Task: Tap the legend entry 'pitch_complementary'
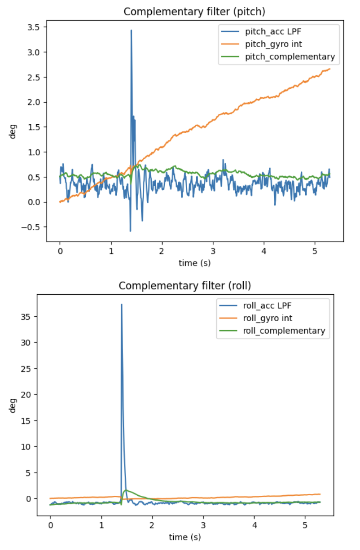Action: (x=290, y=57)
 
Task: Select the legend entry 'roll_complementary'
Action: (x=283, y=331)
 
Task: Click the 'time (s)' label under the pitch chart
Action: (x=194, y=263)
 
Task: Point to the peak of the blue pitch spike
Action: (x=131, y=30)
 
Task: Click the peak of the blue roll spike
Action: (x=121, y=304)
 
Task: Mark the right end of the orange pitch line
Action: (x=330, y=69)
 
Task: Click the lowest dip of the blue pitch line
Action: (x=130, y=231)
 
